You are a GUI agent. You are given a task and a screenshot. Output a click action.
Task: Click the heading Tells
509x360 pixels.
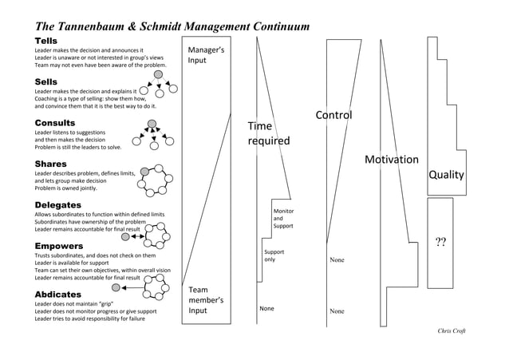(45, 40)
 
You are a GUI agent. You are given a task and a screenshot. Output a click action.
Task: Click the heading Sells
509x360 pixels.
(45, 81)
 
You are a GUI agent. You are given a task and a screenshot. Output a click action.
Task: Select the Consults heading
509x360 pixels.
(55, 123)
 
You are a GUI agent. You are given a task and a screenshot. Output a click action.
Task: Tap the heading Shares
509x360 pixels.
(50, 164)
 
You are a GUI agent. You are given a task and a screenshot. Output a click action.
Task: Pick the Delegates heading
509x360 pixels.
(58, 205)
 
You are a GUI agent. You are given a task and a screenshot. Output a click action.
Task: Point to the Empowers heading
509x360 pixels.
(58, 246)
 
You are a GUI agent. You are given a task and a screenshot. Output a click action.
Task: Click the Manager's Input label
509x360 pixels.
(205, 55)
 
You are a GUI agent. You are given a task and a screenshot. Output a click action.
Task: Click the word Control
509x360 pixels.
(333, 117)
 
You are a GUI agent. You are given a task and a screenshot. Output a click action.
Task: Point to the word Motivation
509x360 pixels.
(391, 160)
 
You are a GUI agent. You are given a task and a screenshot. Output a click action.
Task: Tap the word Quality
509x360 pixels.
(447, 175)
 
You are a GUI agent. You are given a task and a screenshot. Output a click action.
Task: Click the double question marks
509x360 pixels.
(440, 243)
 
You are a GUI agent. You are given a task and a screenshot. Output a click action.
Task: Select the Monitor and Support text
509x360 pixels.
(283, 219)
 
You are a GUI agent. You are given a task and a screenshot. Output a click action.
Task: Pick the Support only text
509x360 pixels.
(274, 255)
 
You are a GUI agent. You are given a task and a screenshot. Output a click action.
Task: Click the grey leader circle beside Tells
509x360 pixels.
(159, 74)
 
